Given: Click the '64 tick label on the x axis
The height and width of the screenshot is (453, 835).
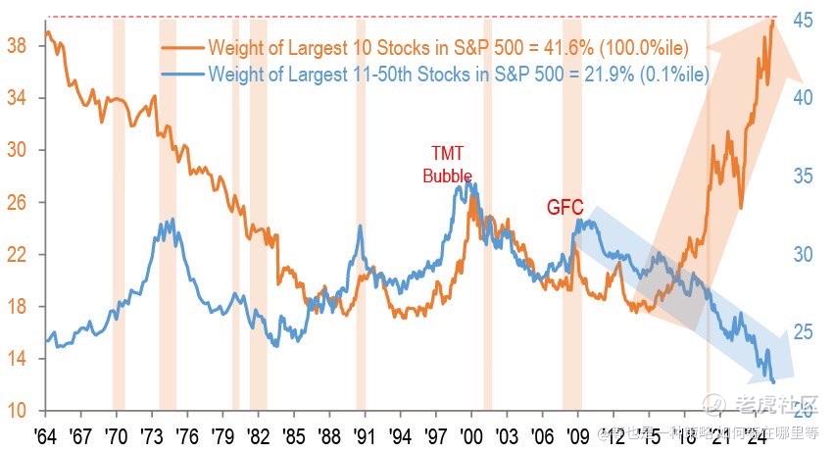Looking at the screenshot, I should (43, 433).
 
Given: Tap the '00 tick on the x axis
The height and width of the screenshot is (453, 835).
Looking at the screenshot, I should (471, 433).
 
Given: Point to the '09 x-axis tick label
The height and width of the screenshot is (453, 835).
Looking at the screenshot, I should (578, 433).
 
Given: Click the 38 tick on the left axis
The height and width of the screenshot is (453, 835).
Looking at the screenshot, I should (18, 46).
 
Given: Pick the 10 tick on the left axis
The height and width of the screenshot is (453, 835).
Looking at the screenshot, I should (18, 410).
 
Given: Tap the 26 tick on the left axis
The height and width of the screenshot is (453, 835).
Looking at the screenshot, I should (18, 202).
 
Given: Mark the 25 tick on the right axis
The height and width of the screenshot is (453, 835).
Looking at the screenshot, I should (806, 332).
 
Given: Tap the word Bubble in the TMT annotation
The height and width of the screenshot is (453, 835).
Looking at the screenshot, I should (447, 176).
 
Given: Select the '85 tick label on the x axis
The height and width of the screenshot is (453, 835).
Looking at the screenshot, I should (293, 433).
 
